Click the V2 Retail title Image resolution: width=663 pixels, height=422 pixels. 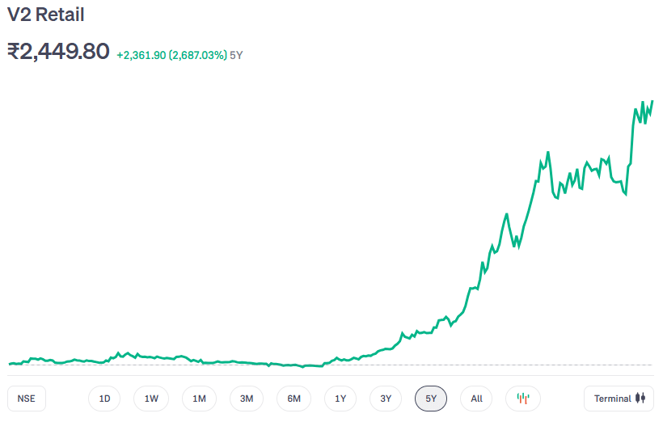46,15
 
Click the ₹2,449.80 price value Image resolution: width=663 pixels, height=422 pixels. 58,51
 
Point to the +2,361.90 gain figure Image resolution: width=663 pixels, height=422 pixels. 141,55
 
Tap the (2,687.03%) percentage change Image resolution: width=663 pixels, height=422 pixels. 197,55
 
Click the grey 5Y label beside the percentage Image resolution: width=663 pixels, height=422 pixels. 236,55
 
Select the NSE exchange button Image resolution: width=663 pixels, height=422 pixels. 27,399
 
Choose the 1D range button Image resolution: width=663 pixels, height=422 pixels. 104,399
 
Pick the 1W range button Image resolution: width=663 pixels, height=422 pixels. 151,399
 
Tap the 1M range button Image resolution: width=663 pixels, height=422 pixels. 199,399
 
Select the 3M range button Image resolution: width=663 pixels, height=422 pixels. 247,399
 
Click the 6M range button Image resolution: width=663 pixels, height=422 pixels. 293,399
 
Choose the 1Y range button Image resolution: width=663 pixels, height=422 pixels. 340,399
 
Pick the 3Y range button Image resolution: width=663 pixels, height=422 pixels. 386,399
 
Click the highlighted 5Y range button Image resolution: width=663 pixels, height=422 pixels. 431,399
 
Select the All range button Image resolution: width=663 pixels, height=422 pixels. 476,399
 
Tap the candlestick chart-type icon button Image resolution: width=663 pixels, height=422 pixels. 523,399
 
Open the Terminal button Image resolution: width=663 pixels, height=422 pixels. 619,399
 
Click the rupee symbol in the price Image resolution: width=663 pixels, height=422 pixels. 15,52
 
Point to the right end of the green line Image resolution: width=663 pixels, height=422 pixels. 652,101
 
